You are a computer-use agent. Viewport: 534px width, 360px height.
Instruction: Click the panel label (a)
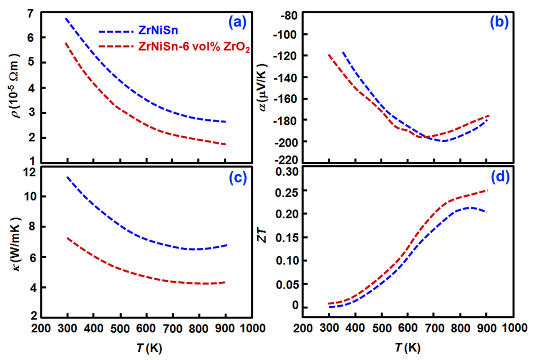(239, 22)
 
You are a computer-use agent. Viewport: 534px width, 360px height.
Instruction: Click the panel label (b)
(501, 22)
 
